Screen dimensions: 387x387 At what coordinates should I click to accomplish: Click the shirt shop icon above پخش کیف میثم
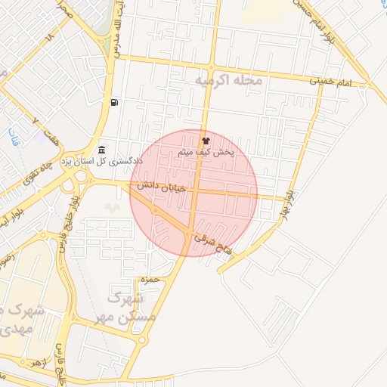click(x=205, y=141)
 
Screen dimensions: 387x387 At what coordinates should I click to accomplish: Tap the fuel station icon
click(x=113, y=102)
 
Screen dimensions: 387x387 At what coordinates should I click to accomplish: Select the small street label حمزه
click(x=150, y=280)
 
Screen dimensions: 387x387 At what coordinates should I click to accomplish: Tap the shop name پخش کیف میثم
click(x=206, y=153)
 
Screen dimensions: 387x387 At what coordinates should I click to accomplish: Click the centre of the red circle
click(x=193, y=193)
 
